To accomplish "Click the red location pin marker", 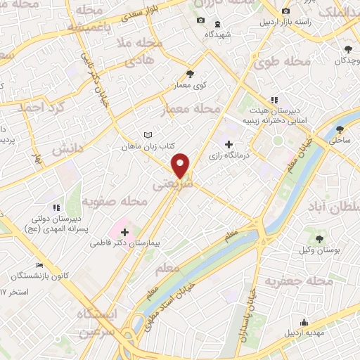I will tap(181, 165).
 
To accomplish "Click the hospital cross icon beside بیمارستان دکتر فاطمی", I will tap(124, 231).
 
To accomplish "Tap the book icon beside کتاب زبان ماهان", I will tap(147, 135).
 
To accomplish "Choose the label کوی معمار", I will tap(190, 85).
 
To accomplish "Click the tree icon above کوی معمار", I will tap(190, 73).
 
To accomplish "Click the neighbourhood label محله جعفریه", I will tap(299, 281).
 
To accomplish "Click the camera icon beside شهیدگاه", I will tap(201, 20).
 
